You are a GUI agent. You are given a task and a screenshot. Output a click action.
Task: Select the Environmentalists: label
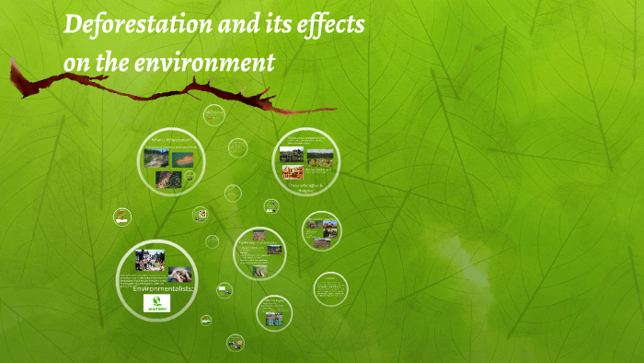tap(155, 289)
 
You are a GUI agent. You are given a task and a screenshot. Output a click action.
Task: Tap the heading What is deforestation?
tap(171, 139)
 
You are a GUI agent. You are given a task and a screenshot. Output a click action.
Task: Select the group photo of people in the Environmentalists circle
tap(150, 261)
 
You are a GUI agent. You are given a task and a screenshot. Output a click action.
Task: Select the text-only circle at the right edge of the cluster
tap(330, 289)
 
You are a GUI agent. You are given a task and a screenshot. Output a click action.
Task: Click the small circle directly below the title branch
tap(214, 115)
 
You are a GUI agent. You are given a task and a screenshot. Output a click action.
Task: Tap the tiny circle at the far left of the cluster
tap(121, 217)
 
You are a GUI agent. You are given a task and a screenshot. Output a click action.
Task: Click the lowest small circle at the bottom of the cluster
tap(236, 343)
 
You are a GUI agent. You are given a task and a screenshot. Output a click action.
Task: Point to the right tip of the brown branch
tap(335, 109)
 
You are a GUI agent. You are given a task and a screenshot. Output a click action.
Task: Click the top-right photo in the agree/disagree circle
tap(320, 155)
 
